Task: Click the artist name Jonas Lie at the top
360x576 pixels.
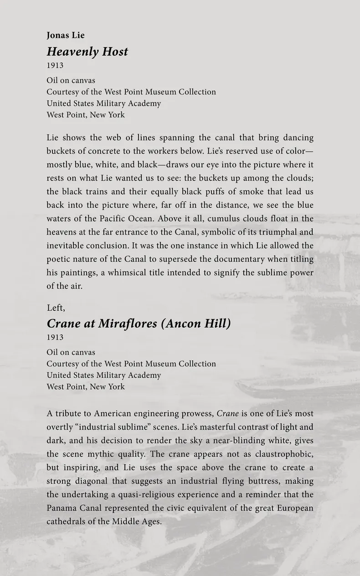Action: [66, 36]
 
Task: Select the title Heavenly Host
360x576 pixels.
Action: [87, 51]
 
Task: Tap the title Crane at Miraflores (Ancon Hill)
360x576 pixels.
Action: [139, 324]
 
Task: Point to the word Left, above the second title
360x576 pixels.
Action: [56, 308]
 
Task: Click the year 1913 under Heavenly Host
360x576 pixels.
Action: [55, 65]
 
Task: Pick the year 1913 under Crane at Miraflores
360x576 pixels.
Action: [55, 337]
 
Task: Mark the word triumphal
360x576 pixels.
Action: [276, 232]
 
